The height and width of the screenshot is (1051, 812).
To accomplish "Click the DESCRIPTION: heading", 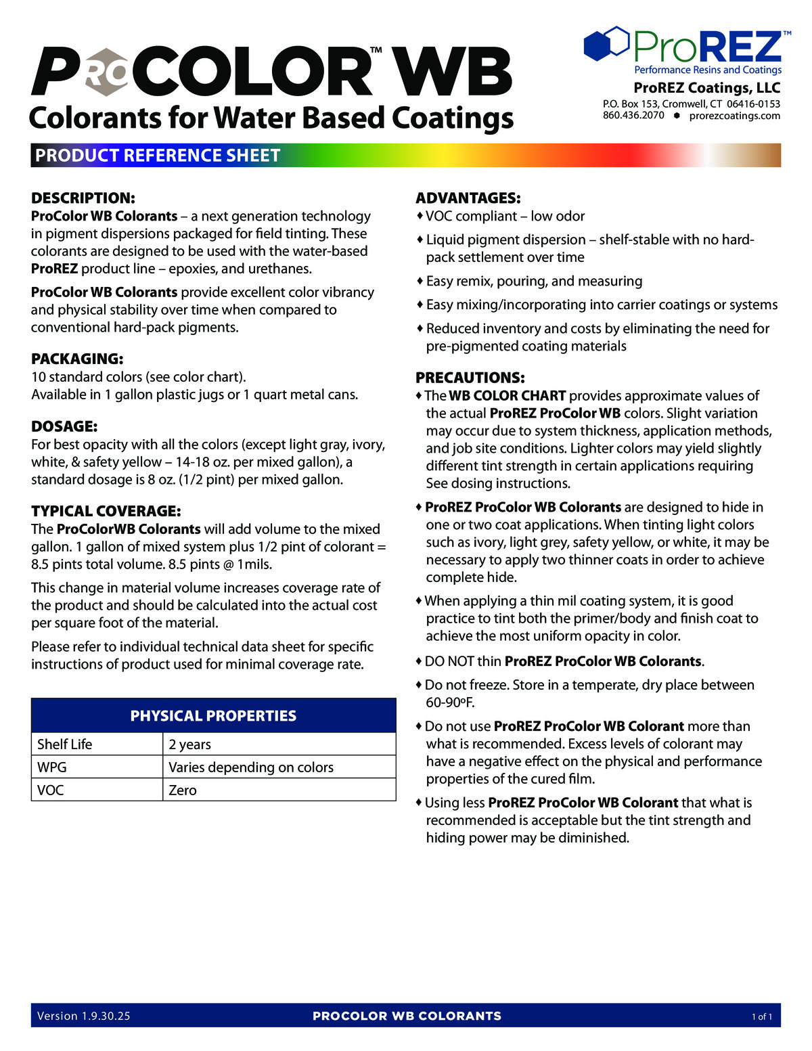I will point(83,198).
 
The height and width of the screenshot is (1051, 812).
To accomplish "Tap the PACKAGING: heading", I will point(77,359).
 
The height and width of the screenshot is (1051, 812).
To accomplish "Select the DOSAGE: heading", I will point(64,426).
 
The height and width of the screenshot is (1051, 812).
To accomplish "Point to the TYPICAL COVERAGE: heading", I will point(106,511).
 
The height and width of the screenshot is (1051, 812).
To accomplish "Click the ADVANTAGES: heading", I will point(468,198).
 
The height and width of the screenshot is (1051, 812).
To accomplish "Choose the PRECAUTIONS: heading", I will point(470,378).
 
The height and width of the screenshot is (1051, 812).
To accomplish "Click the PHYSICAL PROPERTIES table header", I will point(213,716).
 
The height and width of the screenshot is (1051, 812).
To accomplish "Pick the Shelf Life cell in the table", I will point(65,744).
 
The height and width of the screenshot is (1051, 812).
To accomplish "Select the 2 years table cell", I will point(190,744).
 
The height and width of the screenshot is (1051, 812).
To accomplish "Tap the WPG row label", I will point(52,767).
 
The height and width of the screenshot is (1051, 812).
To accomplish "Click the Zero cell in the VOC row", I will point(183,790).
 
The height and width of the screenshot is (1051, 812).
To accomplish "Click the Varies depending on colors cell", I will point(251,767).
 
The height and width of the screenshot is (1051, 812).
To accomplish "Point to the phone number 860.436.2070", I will point(633,116).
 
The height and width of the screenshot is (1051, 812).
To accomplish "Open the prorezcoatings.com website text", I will point(734,116).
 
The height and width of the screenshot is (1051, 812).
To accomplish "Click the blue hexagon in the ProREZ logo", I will point(597,45).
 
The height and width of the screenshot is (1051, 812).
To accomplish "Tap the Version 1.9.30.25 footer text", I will point(84,1016).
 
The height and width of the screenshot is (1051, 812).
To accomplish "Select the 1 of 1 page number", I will point(762,1016).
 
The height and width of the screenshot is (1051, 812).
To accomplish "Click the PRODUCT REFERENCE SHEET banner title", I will point(158,156).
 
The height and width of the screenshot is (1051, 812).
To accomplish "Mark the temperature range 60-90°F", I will point(450,702).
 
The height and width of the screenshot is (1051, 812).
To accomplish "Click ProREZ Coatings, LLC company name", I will point(706,88).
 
